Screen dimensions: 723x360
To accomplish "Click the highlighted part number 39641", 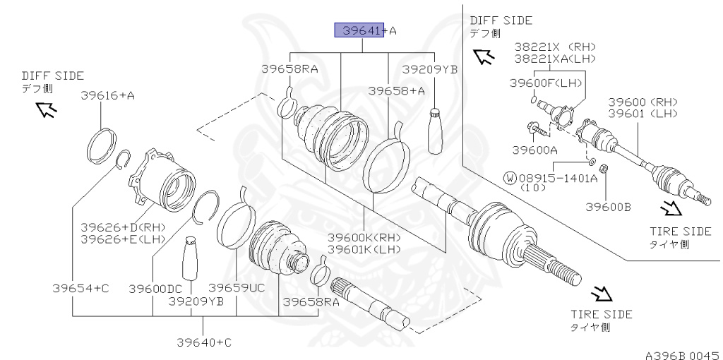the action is pyautogui.click(x=359, y=30).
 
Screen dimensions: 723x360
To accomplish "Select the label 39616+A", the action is pyautogui.click(x=107, y=95).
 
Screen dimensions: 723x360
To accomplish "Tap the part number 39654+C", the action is pyautogui.click(x=80, y=289).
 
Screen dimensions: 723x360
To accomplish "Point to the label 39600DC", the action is pyautogui.click(x=155, y=289).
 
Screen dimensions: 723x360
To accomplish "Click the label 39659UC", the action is pyautogui.click(x=237, y=287).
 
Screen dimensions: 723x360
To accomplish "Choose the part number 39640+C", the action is pyautogui.click(x=204, y=342).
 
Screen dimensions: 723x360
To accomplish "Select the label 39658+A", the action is pyautogui.click(x=396, y=91).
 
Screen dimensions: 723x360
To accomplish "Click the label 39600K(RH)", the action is pyautogui.click(x=364, y=238).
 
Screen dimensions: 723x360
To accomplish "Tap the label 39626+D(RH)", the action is pyautogui.click(x=123, y=227).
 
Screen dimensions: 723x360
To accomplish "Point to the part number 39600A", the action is pyautogui.click(x=534, y=150).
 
